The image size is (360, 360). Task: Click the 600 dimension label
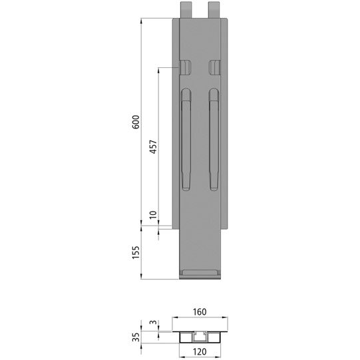click(136, 122)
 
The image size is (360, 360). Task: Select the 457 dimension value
click(152, 147)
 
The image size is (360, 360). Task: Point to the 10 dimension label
click(152, 215)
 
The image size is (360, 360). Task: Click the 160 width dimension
click(200, 310)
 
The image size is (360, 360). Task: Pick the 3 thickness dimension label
click(152, 324)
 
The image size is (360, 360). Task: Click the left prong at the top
click(186, 9)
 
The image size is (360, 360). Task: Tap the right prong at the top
click(214, 9)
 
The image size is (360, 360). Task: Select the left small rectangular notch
click(186, 67)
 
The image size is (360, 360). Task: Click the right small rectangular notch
click(214, 67)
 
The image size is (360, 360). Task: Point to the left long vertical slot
click(186, 140)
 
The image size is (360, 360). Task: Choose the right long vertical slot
click(214, 140)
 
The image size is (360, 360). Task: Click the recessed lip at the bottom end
click(200, 273)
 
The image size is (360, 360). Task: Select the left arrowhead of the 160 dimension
click(175, 317)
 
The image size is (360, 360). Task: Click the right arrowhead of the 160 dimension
click(226, 317)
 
